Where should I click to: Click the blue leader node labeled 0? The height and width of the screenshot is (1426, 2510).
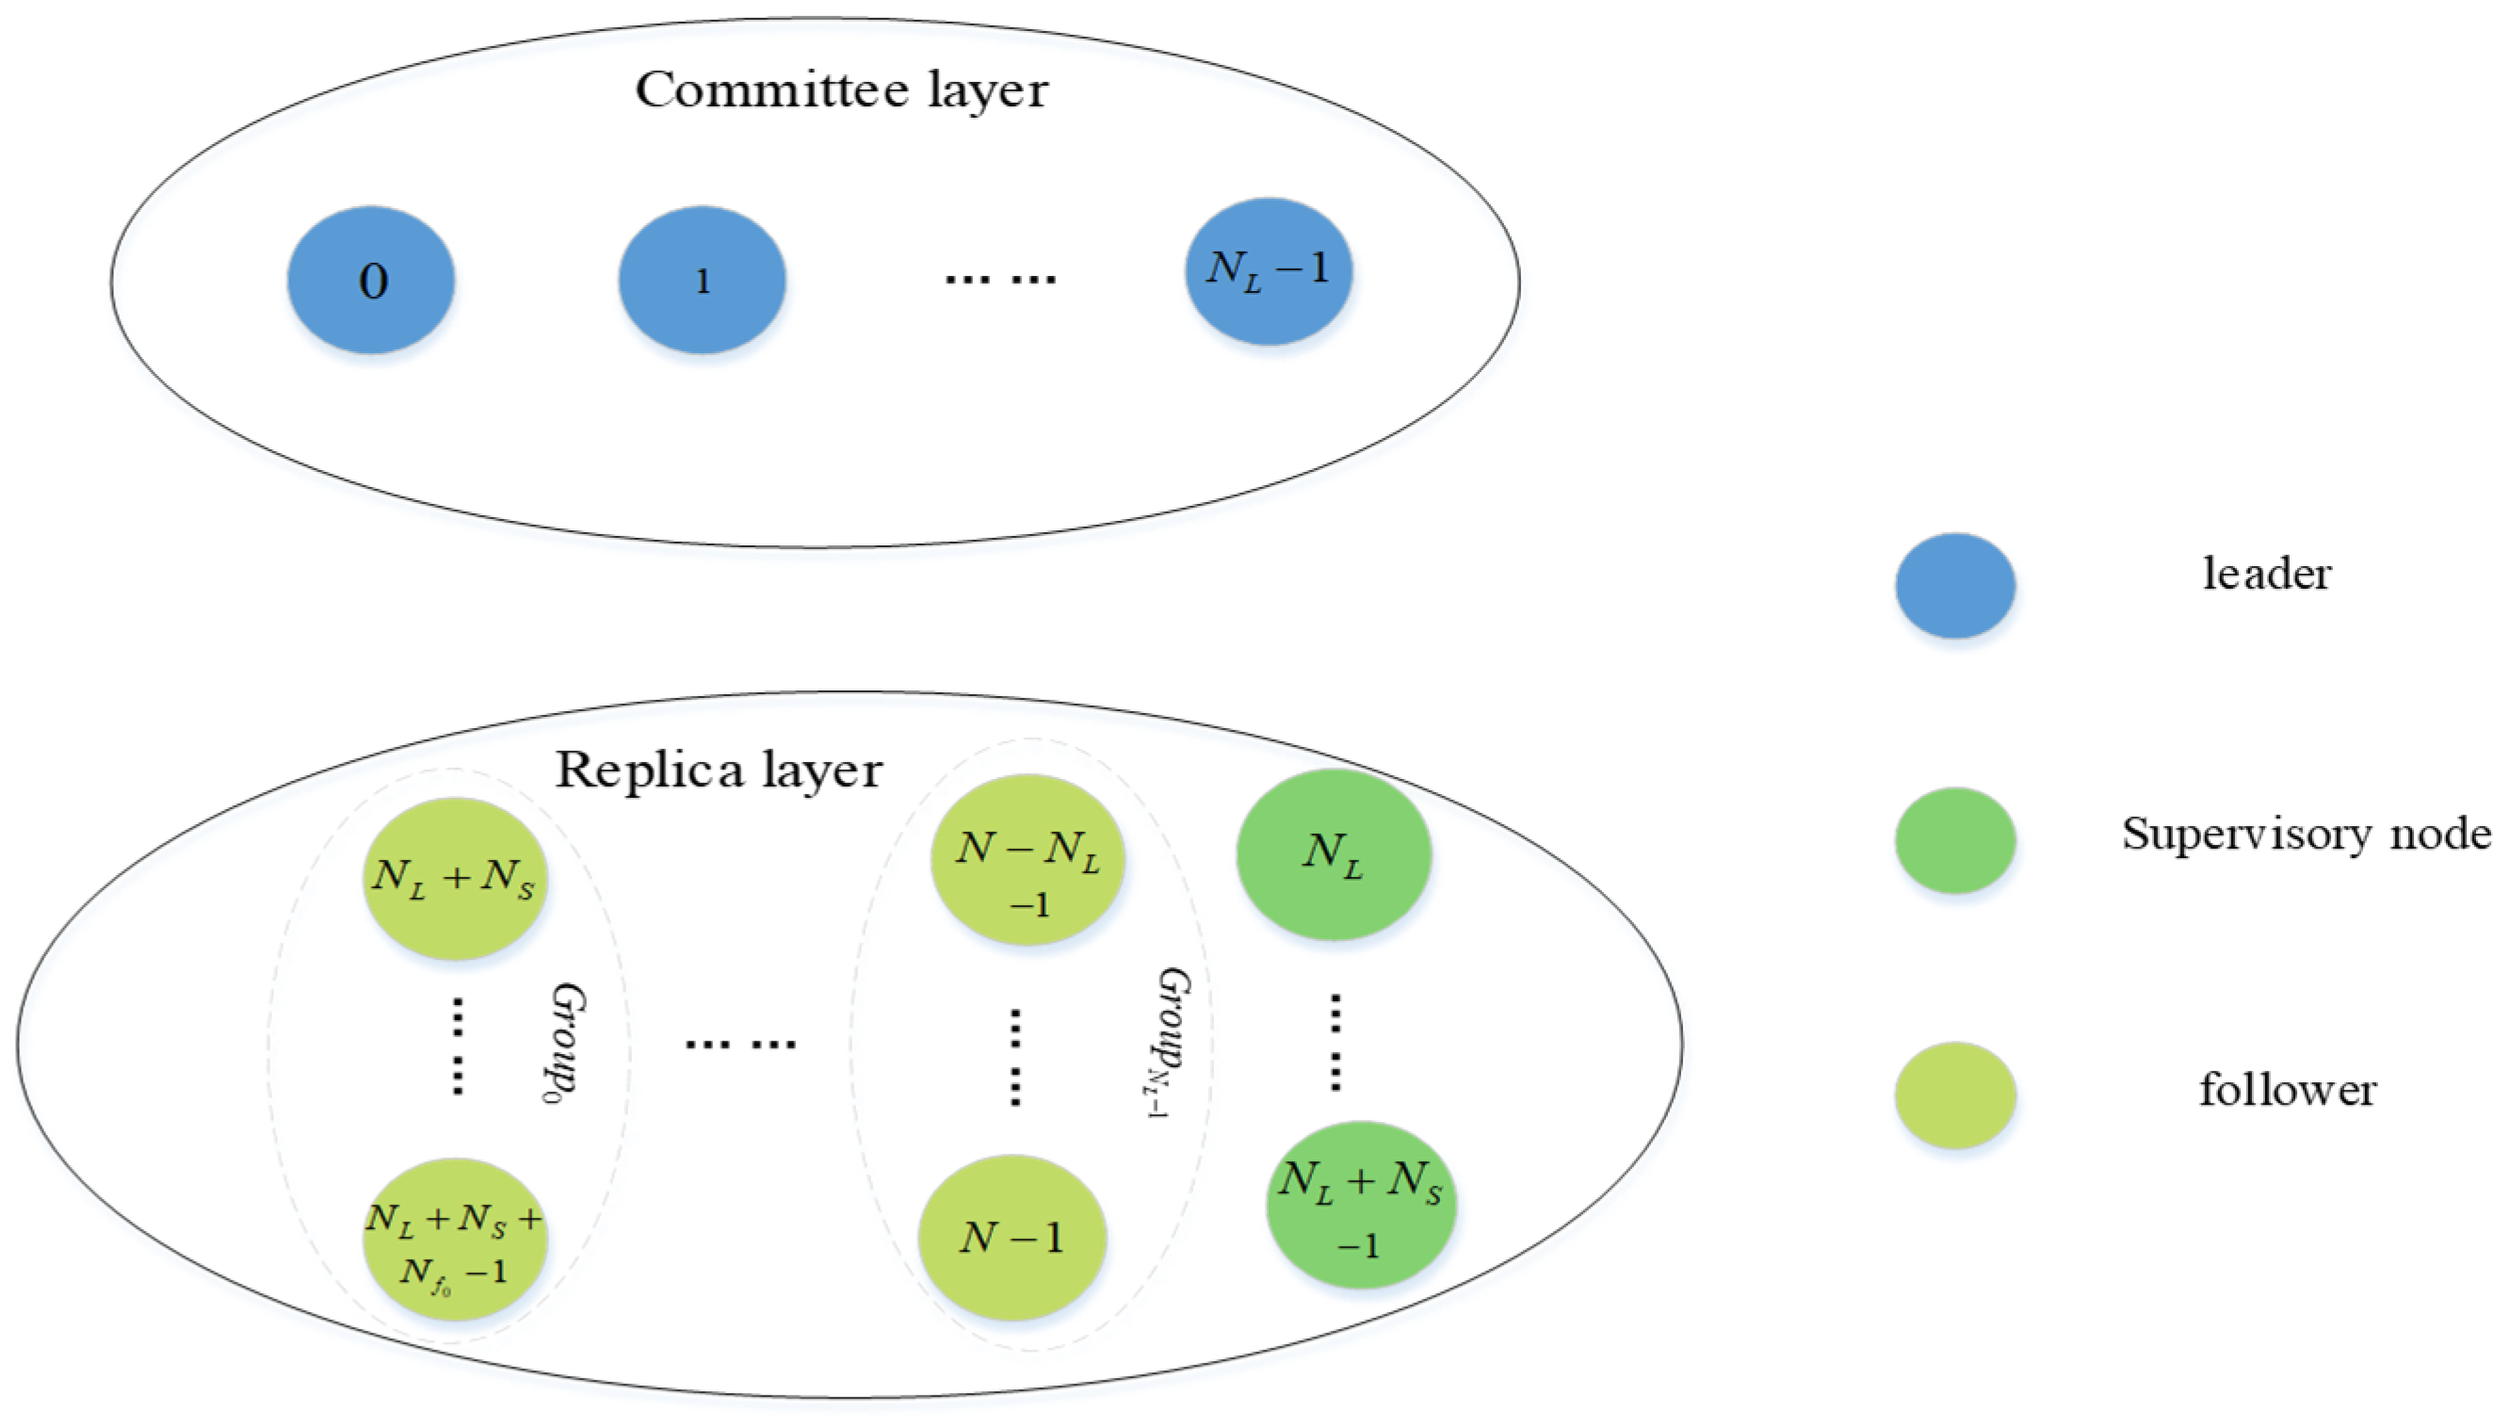370,280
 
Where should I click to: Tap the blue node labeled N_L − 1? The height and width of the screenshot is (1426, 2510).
1269,271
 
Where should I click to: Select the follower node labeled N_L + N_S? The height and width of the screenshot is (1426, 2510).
453,878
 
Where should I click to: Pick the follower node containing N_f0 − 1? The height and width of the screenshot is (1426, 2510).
453,1240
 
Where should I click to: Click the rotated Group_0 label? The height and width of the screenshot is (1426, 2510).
565,1044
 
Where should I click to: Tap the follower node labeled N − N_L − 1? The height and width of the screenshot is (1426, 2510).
1027,860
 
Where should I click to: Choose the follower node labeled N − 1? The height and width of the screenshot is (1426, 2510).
1012,1238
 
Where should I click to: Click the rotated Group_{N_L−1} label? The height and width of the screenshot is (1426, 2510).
1170,1044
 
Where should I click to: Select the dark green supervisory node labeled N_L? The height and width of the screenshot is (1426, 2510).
1333,854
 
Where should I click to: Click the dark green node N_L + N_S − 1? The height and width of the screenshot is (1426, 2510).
1360,1205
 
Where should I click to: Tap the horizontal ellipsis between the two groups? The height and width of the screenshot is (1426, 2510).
739,1044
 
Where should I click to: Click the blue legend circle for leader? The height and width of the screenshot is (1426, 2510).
1953,586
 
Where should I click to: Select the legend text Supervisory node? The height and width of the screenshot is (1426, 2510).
2306,835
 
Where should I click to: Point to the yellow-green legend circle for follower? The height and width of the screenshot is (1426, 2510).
1953,1095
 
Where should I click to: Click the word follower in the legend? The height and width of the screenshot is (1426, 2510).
2287,1090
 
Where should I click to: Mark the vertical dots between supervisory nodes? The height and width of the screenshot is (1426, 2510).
1335,1042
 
